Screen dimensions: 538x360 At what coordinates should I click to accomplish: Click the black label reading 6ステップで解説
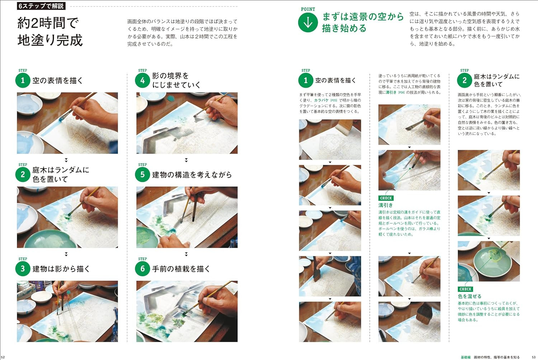tap(41, 6)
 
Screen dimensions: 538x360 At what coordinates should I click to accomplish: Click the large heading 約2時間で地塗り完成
tap(50, 32)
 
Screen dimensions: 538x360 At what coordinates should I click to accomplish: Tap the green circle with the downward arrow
tap(308, 23)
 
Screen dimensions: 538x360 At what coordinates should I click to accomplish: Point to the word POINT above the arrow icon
tap(308, 9)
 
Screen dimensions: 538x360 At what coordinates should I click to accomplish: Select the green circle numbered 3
tap(23, 269)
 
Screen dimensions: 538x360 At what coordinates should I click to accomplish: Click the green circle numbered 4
tap(142, 80)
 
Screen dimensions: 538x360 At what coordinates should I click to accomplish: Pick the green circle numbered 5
tap(142, 174)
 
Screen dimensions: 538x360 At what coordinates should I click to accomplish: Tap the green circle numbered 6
tap(142, 269)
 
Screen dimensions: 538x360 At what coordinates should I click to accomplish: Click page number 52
tap(3, 357)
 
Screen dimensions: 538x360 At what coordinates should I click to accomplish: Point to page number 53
tap(534, 357)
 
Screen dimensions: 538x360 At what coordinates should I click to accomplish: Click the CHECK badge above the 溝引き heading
tap(386, 198)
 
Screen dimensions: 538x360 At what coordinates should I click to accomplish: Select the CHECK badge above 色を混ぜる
tap(466, 289)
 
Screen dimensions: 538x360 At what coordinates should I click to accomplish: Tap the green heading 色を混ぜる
tap(469, 297)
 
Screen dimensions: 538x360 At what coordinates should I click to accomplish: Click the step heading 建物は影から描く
tap(61, 269)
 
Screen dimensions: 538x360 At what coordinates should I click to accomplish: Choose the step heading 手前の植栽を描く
tap(181, 269)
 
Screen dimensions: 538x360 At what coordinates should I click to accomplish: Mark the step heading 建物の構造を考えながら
tap(192, 175)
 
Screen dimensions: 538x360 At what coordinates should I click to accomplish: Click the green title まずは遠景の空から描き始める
tap(363, 22)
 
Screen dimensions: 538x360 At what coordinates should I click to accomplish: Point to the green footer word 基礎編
tap(466, 357)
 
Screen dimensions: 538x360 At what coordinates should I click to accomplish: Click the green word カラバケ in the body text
tap(321, 100)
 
